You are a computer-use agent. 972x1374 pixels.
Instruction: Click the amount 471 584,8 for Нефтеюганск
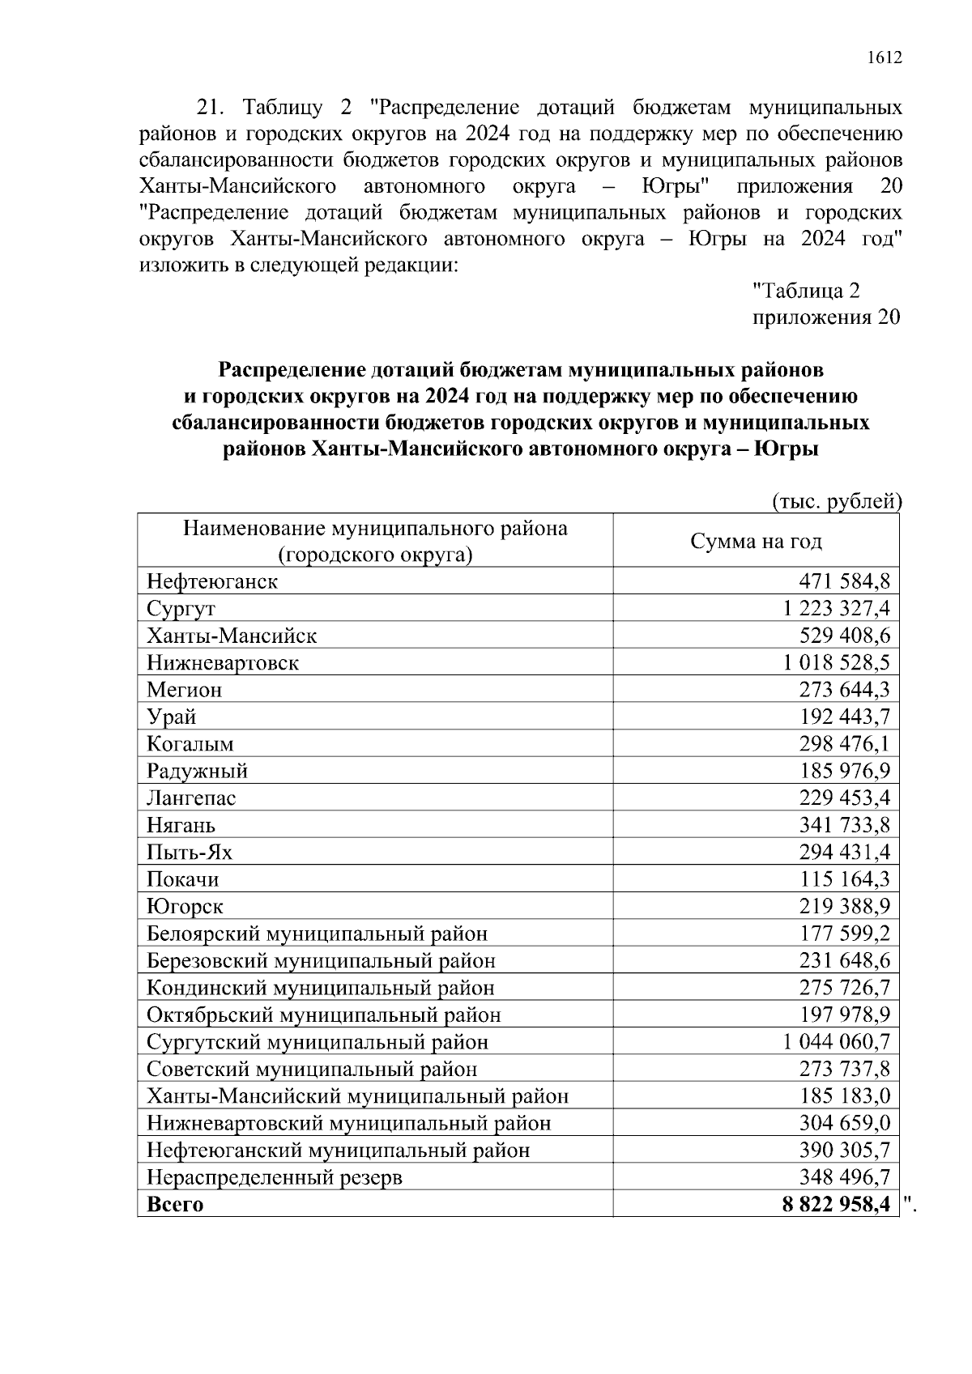[844, 581]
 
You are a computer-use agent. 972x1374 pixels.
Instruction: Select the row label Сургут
[181, 608]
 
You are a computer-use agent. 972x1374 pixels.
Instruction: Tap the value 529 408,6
[844, 635]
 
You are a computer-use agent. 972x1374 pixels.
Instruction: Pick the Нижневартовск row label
[223, 662]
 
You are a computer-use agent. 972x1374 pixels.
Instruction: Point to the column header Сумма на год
[755, 541]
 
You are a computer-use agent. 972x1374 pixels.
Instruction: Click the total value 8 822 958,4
[836, 1204]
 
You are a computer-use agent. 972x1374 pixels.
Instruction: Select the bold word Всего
[175, 1204]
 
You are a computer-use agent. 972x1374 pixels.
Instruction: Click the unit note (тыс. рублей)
[836, 501]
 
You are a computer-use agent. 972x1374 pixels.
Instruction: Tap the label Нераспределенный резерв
[275, 1176]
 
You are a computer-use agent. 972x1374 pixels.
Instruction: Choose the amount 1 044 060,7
[837, 1041]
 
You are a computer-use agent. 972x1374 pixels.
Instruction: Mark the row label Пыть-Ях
[190, 852]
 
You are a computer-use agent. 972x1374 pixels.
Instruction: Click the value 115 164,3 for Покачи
[844, 878]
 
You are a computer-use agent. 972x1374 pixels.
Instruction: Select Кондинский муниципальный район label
[321, 987]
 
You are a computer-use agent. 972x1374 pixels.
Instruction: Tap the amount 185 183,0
[844, 1095]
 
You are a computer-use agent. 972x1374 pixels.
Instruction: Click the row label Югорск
[185, 906]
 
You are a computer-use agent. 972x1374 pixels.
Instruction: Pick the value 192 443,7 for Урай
[844, 717]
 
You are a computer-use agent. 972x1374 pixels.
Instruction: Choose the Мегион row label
[184, 690]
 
